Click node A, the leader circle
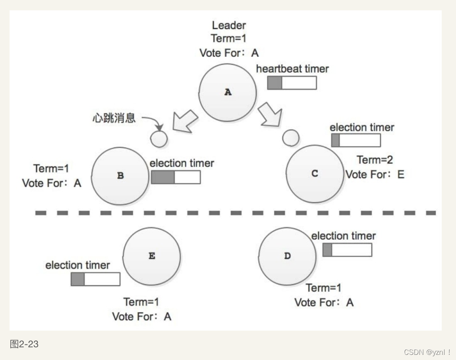click(x=227, y=92)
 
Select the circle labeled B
click(x=120, y=175)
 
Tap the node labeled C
click(x=315, y=174)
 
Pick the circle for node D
click(x=287, y=256)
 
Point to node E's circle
click(x=152, y=256)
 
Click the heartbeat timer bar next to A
click(x=292, y=83)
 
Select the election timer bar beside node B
click(x=176, y=177)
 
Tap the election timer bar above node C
click(x=356, y=141)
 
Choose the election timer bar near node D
click(x=347, y=250)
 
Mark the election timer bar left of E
click(x=95, y=279)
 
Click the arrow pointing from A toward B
click(x=184, y=121)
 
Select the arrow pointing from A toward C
click(x=270, y=114)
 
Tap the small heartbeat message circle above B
click(x=159, y=139)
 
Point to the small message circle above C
click(x=291, y=137)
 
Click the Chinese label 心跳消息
click(x=114, y=118)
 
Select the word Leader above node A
click(x=229, y=25)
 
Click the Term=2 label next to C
click(x=375, y=160)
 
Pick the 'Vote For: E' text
click(x=375, y=174)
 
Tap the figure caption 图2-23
click(x=24, y=344)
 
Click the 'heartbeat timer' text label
click(x=292, y=69)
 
